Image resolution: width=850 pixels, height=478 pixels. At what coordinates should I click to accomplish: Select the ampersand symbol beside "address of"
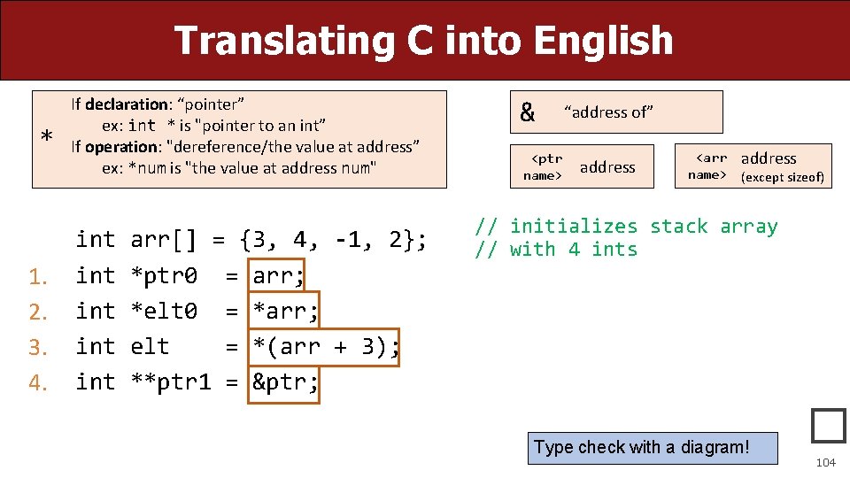(528, 112)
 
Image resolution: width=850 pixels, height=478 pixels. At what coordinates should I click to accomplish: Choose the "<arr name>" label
(709, 166)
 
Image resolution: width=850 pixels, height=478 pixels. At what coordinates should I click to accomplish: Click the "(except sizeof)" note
(782, 177)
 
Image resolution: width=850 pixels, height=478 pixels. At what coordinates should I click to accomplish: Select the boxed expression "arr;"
(278, 276)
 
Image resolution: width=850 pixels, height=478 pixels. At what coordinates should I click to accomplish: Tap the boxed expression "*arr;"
(285, 312)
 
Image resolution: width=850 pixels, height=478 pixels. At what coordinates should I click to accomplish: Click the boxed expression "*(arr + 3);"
(325, 347)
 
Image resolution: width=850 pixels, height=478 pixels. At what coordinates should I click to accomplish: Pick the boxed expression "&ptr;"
(284, 382)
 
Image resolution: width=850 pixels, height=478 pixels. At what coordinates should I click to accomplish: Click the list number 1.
(36, 277)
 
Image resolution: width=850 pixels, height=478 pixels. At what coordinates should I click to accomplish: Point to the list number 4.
(36, 383)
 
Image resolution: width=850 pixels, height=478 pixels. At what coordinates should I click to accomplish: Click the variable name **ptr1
(171, 382)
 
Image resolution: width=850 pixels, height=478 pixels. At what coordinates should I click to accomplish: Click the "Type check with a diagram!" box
(642, 448)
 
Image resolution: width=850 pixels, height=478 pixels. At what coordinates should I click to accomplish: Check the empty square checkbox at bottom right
(829, 426)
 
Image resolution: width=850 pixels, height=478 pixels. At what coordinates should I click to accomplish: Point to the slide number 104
(825, 462)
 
